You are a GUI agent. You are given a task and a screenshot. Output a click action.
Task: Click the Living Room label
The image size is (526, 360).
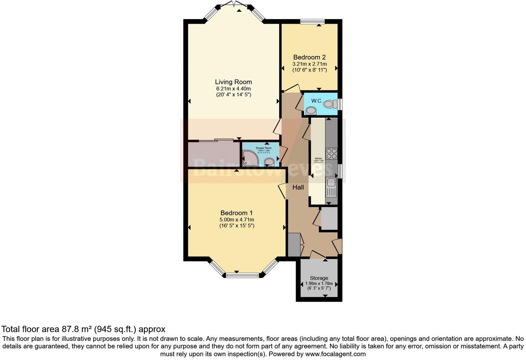pos(233,82)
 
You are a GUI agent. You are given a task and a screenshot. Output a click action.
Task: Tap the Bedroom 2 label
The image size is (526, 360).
pos(309,57)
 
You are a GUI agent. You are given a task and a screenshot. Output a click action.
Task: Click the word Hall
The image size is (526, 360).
pos(298,187)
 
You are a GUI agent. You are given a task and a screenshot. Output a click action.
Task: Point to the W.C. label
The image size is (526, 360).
pos(317,101)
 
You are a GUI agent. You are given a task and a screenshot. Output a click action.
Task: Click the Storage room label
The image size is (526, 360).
pos(319,278)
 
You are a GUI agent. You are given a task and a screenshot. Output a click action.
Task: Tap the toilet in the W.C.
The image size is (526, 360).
pos(330,103)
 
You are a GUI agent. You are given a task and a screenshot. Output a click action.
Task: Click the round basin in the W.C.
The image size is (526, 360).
pos(311,111)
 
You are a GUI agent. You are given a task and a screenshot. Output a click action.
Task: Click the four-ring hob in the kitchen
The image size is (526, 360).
pos(331,153)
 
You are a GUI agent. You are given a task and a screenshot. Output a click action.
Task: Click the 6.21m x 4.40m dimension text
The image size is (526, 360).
pos(233,89)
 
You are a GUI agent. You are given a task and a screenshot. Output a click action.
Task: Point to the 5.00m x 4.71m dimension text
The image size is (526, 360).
pos(237,219)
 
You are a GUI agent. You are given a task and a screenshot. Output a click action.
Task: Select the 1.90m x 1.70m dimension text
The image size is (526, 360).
pos(319,283)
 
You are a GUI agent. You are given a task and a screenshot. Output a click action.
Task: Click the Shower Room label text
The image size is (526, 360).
pos(264,148)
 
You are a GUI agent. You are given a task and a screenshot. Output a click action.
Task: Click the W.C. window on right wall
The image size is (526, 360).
pos(340,105)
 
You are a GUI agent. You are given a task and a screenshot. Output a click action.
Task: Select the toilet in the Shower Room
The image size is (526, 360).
pos(269,162)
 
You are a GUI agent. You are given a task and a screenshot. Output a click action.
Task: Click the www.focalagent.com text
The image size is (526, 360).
pos(335,354)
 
